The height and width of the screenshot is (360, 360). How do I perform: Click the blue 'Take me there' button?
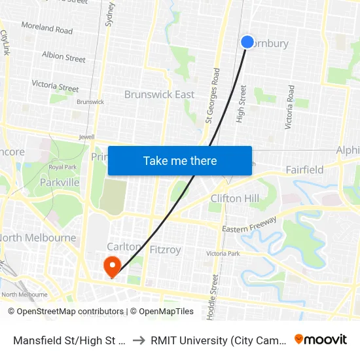pos(180,160)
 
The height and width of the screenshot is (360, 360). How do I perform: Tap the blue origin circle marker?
pos(247,42)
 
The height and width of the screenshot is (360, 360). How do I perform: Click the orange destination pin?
pos(113,265)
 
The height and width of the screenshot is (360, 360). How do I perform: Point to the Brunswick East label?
pos(159,94)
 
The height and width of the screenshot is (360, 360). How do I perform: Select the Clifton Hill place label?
pos(235,198)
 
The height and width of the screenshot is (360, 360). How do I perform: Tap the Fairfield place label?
pos(304,170)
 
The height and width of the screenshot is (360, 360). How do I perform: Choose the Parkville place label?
pos(59,183)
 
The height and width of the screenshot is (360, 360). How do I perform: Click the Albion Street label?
pos(63,57)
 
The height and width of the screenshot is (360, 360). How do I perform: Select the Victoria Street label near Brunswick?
pos(55,86)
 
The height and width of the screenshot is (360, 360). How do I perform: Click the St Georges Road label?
pos(211,96)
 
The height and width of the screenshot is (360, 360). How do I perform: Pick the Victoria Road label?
pos(289,107)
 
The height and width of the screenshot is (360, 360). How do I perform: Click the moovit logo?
pos(321,339)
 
